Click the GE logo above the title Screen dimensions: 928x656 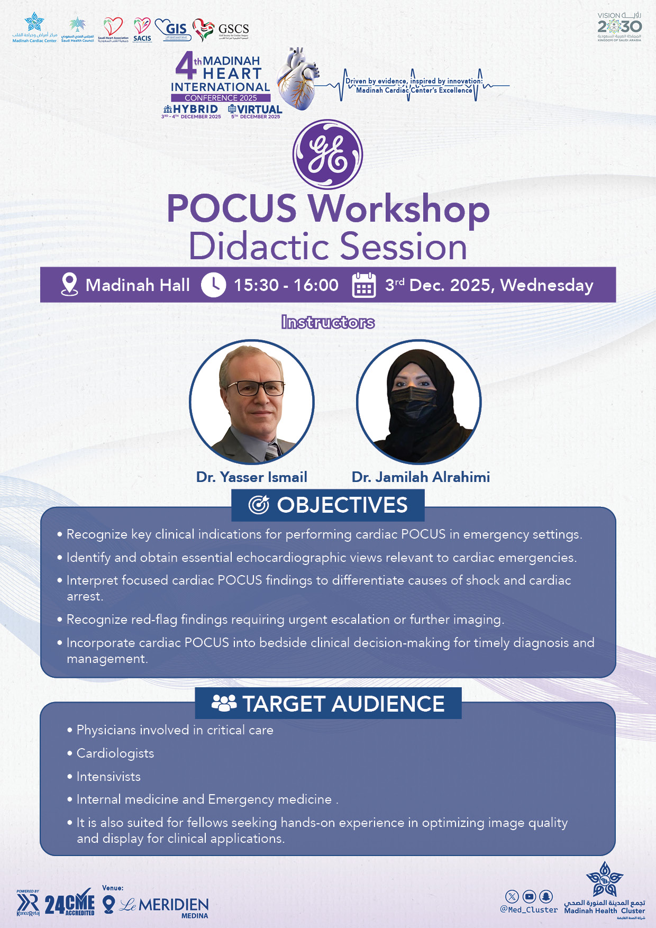327,154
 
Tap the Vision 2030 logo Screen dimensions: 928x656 619,26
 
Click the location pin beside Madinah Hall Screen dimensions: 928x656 69,285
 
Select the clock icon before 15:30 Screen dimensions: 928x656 213,285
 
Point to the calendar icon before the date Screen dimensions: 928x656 364,285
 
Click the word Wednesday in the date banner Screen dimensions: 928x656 546,285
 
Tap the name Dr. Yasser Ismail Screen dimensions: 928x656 251,477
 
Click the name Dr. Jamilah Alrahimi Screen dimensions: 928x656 421,477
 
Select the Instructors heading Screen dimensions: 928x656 328,322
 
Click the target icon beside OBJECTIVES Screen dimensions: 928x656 259,505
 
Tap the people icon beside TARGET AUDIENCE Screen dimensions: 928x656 224,703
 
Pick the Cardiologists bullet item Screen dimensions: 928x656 115,753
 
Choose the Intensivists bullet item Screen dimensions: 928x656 108,777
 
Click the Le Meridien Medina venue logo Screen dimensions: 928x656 164,906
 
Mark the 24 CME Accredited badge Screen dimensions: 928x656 69,905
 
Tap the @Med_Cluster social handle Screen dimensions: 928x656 529,910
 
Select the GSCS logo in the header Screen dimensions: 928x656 221,30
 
